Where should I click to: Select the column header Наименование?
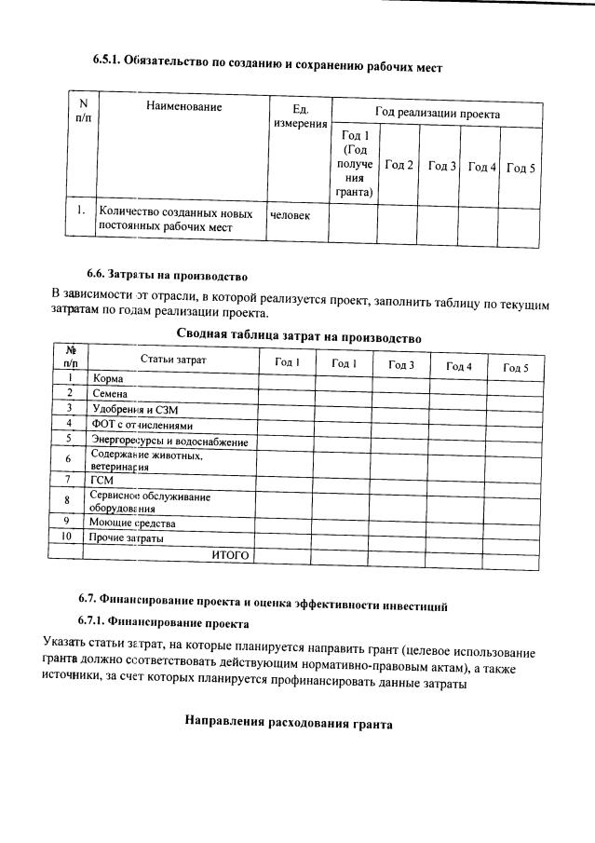183,107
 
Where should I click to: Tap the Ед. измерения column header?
300,116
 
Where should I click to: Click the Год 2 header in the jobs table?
399,165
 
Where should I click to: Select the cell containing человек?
290,216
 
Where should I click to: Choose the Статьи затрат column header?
173,360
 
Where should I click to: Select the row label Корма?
108,379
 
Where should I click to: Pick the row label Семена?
111,394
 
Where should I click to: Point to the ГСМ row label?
101,480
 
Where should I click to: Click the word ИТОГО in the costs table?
230,554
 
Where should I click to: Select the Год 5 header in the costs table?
515,368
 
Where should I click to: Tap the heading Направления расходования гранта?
289,722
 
